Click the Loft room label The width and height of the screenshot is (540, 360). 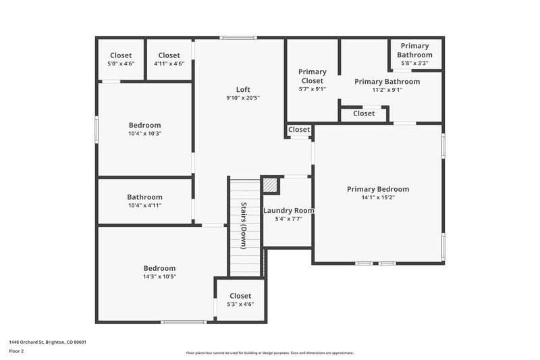click(x=243, y=90)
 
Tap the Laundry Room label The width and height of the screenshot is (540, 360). click(x=288, y=210)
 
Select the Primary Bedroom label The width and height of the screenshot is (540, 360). click(x=378, y=189)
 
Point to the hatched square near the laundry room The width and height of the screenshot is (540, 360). click(x=270, y=184)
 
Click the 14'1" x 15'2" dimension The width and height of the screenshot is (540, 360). click(x=378, y=199)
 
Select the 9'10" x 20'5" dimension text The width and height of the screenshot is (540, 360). click(x=243, y=99)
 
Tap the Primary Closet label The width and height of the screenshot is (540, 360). click(x=312, y=76)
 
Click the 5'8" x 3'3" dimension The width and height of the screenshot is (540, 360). click(x=414, y=63)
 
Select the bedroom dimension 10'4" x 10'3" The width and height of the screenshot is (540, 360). click(x=144, y=134)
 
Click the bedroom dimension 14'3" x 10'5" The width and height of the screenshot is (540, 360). click(x=159, y=277)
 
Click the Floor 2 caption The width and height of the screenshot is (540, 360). click(x=16, y=352)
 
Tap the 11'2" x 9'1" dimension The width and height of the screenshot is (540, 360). click(x=387, y=90)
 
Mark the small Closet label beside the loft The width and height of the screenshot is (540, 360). click(x=299, y=130)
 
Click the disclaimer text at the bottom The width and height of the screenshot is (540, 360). click(x=269, y=353)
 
